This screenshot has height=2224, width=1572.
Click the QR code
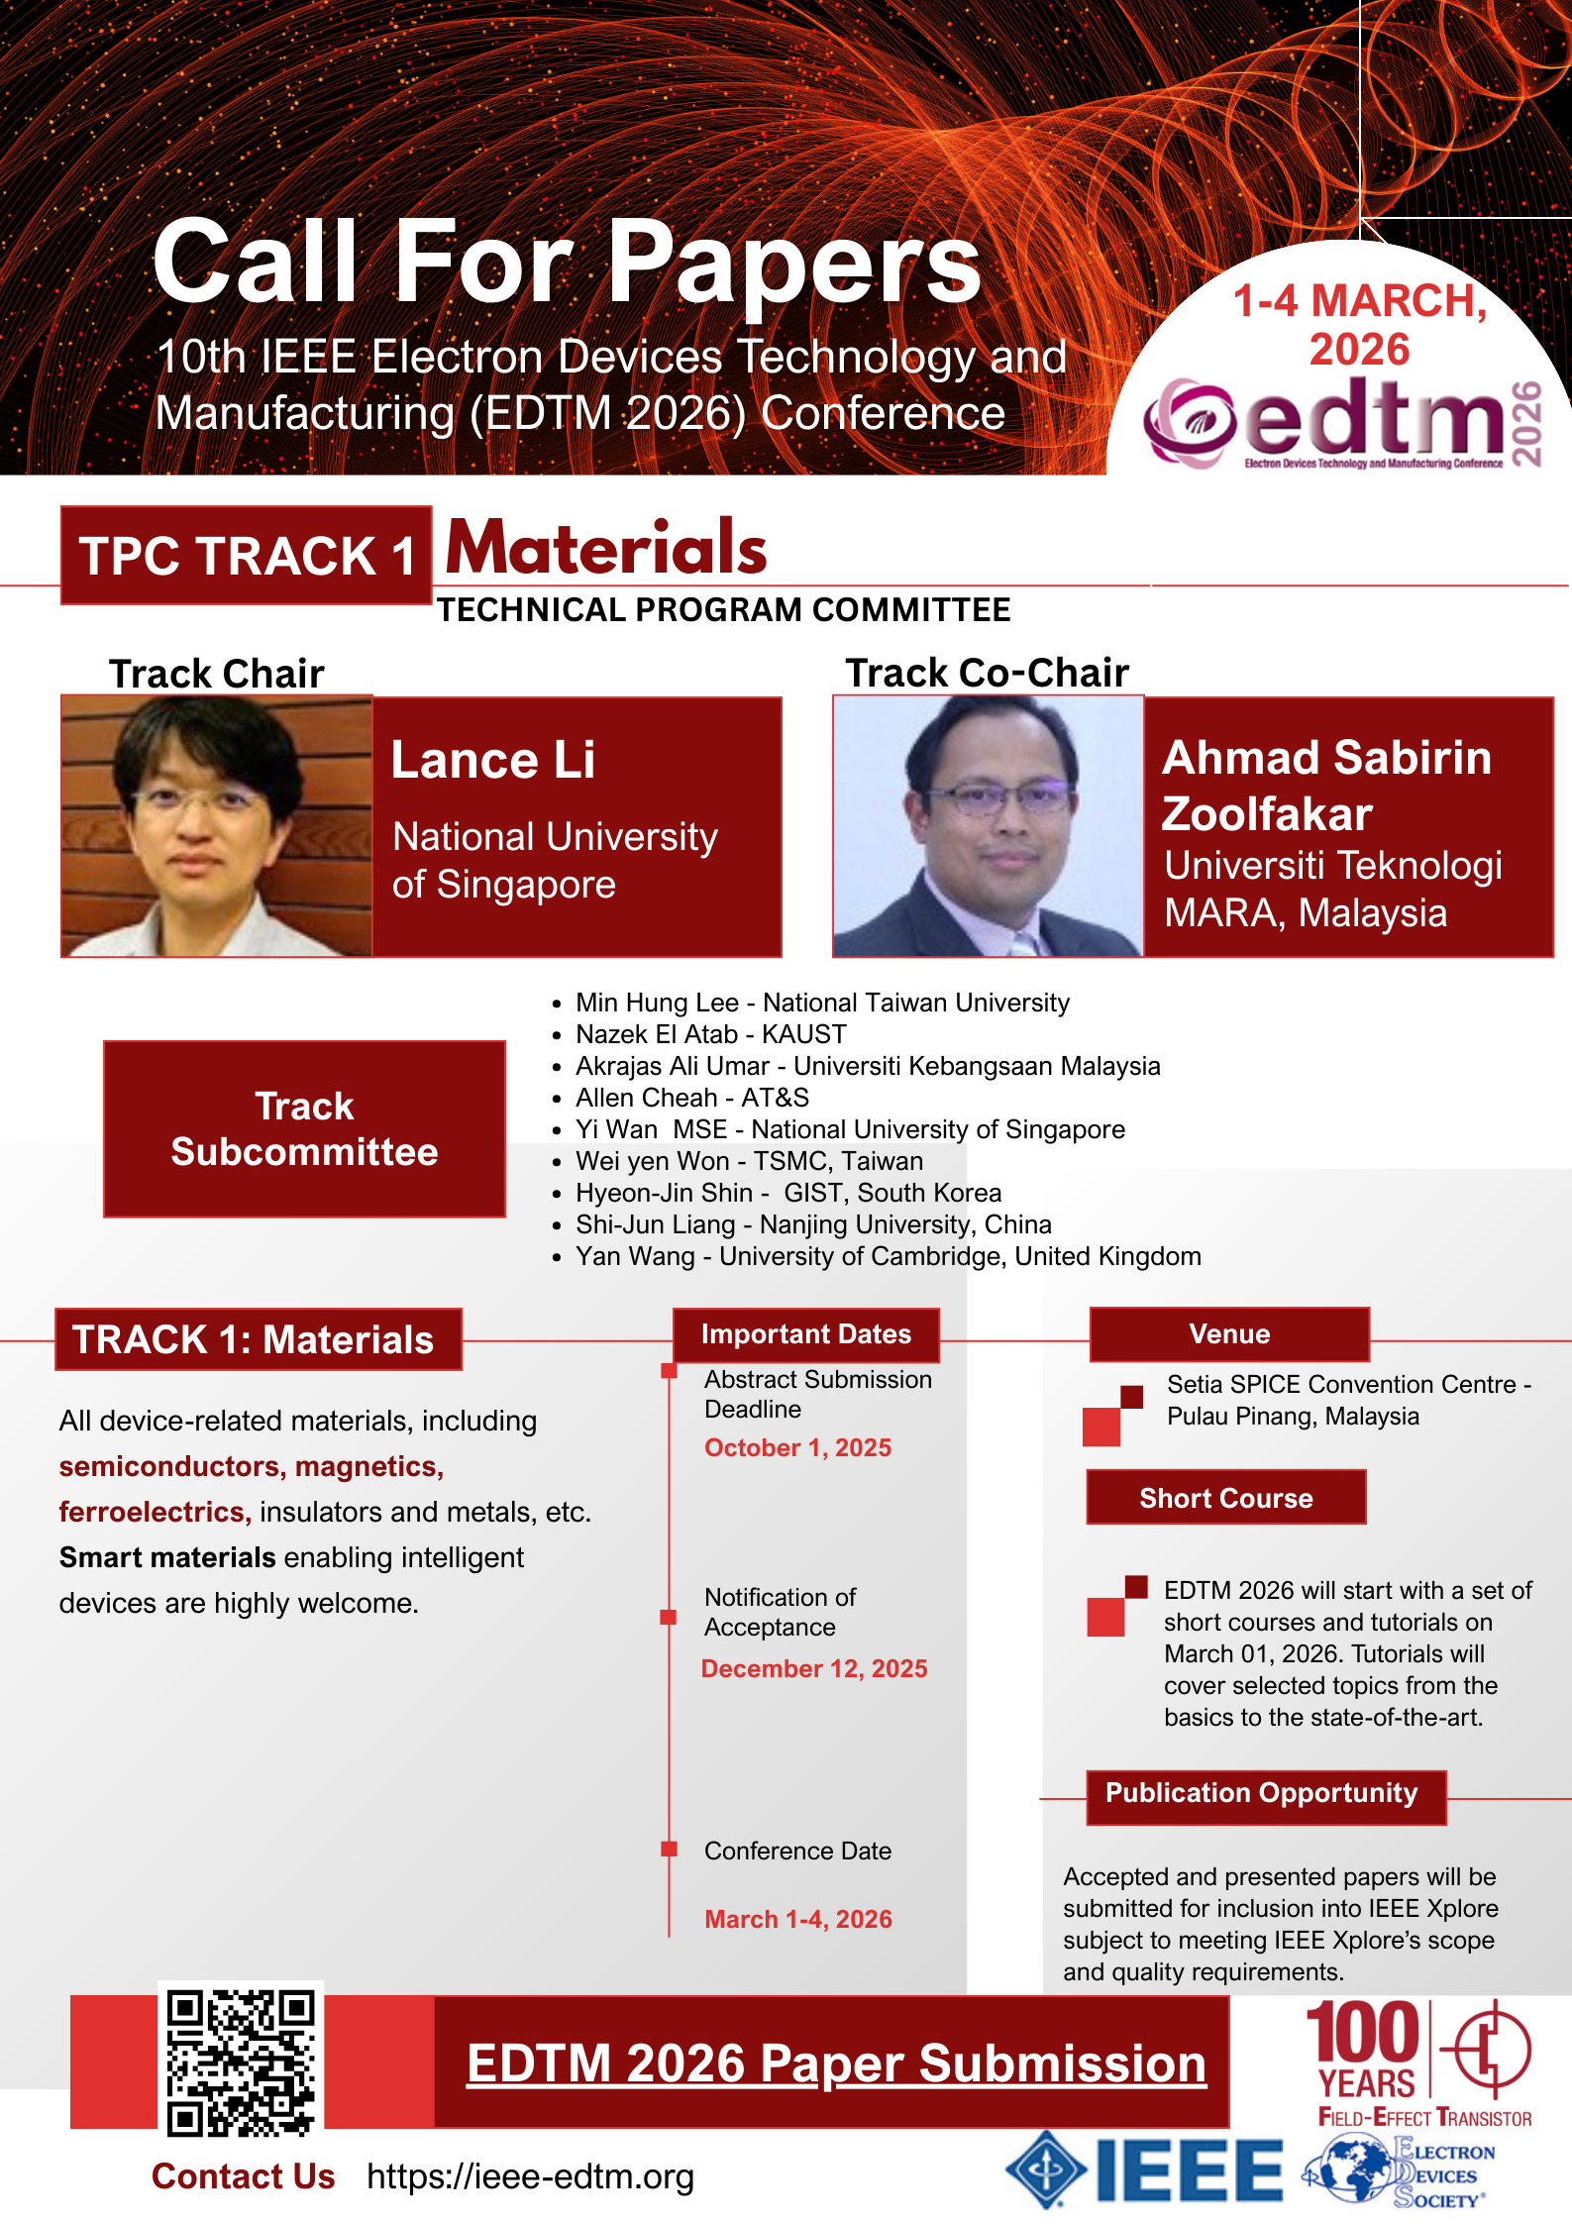[x=241, y=2062]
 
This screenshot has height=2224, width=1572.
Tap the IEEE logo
[x=1144, y=2170]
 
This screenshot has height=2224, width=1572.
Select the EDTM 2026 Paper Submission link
[x=836, y=2064]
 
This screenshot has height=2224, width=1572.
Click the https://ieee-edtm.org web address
[x=530, y=2176]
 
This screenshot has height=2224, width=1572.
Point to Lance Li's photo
[x=217, y=826]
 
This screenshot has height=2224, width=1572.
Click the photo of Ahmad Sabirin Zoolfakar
[x=989, y=826]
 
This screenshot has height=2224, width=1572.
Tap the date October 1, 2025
[x=797, y=1447]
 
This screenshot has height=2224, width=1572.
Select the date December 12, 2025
[x=814, y=1668]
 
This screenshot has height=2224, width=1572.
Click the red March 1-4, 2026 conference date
[x=798, y=1919]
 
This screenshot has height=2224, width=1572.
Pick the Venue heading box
[x=1229, y=1334]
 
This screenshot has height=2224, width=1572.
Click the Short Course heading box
[x=1226, y=1497]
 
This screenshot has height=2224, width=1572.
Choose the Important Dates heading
[x=806, y=1334]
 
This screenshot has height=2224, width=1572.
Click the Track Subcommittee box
[x=304, y=1128]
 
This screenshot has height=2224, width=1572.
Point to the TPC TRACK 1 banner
[x=246, y=555]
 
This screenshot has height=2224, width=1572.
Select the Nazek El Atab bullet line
[x=711, y=1034]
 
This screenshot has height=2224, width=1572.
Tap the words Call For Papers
[x=567, y=262]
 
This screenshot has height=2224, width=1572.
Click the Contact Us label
[x=244, y=2176]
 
